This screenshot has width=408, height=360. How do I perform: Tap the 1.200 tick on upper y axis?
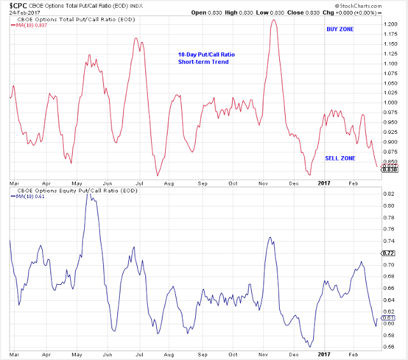click(x=390, y=24)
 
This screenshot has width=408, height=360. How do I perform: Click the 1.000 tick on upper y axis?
click(x=390, y=103)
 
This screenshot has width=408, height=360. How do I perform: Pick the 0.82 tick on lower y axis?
click(x=388, y=194)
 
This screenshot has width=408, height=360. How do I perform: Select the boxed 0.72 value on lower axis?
click(x=388, y=253)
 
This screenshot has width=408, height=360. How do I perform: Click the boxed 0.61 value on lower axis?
click(x=388, y=317)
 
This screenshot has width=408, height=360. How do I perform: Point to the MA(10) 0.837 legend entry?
click(x=30, y=25)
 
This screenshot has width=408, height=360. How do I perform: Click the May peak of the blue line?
click(x=89, y=192)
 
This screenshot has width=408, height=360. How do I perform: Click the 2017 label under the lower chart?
click(x=324, y=354)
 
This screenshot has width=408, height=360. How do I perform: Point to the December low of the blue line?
click(x=310, y=347)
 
